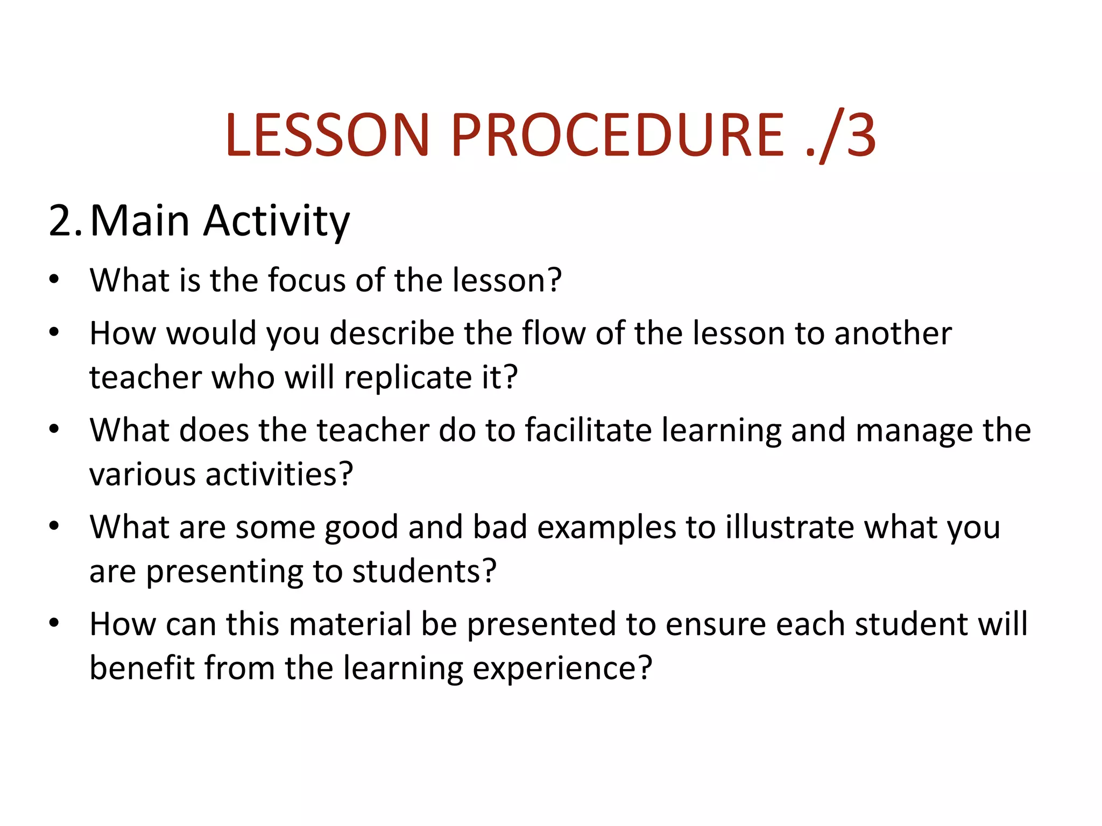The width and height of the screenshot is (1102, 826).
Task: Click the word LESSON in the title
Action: click(x=328, y=135)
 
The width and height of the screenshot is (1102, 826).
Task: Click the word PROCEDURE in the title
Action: click(x=617, y=135)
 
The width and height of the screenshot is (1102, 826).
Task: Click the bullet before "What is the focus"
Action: click(x=54, y=279)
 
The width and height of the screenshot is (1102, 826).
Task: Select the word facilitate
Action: click(x=589, y=430)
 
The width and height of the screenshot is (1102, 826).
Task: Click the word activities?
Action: click(x=279, y=474)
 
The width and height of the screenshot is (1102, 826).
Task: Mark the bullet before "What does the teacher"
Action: click(x=54, y=429)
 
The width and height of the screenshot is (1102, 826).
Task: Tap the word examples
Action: click(x=606, y=528)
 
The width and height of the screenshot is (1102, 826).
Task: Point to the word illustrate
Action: click(x=789, y=527)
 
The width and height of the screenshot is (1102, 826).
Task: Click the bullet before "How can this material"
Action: click(x=54, y=623)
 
